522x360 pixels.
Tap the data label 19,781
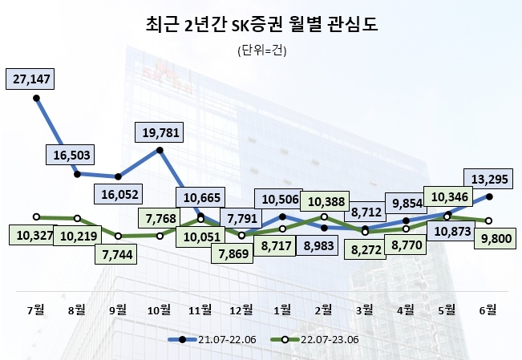coord(160,131)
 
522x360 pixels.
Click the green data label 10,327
coord(32,235)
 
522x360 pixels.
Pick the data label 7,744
coord(119,254)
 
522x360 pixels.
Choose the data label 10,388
coord(325,200)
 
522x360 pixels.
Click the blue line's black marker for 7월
coord(36,98)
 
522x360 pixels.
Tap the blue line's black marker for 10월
coord(160,150)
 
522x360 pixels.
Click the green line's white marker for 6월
coord(489,220)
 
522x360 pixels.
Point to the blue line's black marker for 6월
coord(489,196)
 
